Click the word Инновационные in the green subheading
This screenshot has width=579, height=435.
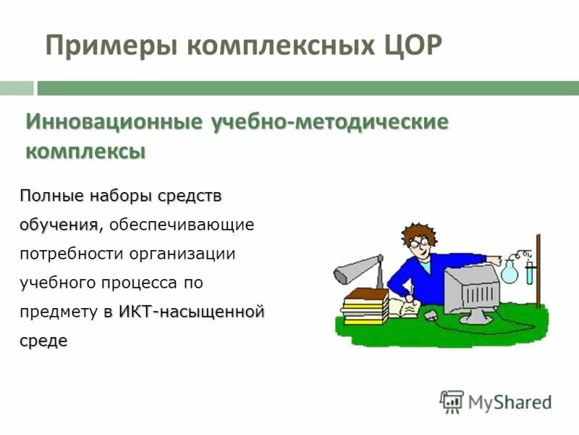[114, 121]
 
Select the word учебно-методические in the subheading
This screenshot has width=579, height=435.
[329, 121]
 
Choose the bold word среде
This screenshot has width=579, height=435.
[43, 341]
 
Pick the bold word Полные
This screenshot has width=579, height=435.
[51, 196]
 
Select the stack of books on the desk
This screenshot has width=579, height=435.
[365, 305]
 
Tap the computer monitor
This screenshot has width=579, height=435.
[470, 290]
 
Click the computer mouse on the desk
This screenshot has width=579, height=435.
[430, 315]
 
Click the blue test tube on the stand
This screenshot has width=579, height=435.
[531, 273]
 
